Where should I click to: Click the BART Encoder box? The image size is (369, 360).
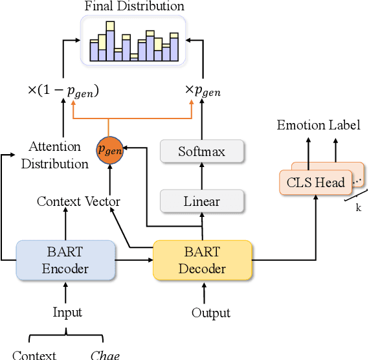coord(65,260)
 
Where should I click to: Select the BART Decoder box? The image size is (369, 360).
coord(202,260)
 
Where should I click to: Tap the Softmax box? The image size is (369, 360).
coord(202,152)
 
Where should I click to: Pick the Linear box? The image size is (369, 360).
coord(202,201)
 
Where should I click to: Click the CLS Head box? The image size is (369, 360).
coord(315,183)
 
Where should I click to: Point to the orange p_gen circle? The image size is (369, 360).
coord(110,150)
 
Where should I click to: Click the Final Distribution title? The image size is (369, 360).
coord(134,6)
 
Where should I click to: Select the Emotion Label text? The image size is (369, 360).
coord(319,125)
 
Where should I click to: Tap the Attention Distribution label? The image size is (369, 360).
coord(55,155)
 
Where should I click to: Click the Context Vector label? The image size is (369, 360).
coord(78,201)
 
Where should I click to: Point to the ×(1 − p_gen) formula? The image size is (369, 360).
coord(64,91)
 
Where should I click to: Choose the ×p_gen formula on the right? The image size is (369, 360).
coord(203,91)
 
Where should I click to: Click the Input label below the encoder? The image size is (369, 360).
coord(67,313)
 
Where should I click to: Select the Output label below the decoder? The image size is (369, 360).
coord(211,313)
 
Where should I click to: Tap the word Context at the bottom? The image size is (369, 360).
coord(34,355)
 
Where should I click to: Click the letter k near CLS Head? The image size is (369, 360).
coord(358,207)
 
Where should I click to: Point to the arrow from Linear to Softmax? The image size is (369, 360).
coord(203,175)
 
